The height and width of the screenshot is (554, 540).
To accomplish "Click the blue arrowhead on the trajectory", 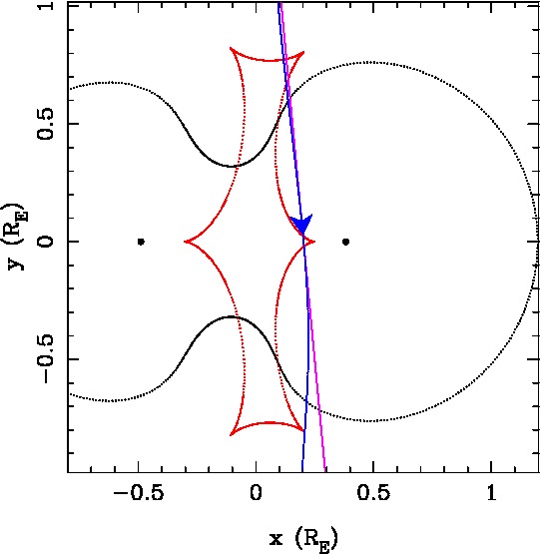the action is coord(301,224).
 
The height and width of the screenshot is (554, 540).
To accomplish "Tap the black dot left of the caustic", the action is coord(141,242).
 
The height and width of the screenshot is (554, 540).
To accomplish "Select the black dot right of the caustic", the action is coord(346,242).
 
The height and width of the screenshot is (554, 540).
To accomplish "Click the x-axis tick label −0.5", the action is coord(139,492).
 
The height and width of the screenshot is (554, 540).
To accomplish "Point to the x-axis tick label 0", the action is coord(256,492).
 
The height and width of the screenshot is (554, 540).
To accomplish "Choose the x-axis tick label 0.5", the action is coord(373,492).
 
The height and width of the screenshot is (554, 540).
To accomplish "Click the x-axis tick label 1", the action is coord(491,492).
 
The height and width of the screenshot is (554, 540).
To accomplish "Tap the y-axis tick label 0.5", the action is coord(45,124).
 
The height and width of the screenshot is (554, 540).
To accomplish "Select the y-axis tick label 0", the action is coord(45,242).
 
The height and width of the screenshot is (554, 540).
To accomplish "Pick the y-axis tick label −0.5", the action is coord(45,358).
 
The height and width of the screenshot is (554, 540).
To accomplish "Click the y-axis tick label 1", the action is coord(45,5).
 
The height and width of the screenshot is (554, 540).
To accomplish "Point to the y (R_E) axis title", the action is coord(17,236).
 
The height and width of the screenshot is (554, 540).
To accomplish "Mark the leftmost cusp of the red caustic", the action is coord(185,242).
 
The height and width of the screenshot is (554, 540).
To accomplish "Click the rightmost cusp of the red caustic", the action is coord(314,242).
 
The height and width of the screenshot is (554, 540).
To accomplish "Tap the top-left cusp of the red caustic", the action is coord(230,48).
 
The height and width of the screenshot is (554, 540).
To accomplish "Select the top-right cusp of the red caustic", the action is coord(303,52).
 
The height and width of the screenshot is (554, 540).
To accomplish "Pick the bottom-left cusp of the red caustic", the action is coord(230,435).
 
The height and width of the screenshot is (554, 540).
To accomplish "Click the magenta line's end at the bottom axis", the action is coord(324,472).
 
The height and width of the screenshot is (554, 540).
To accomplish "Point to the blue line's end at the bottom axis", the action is coord(302,472).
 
